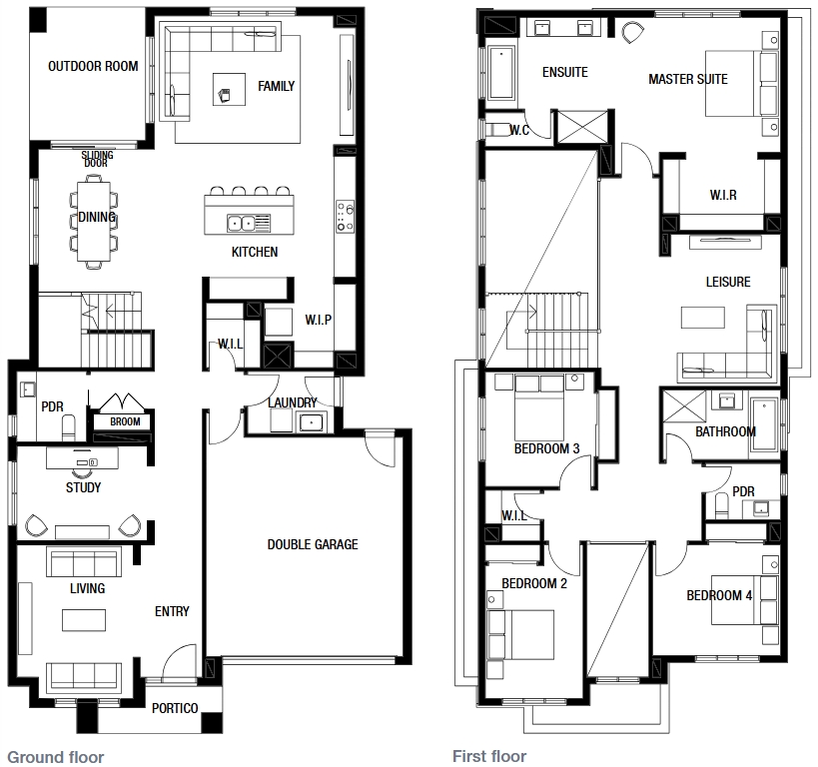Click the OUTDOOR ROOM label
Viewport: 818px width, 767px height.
pyautogui.click(x=93, y=66)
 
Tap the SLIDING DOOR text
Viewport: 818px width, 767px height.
pyautogui.click(x=97, y=159)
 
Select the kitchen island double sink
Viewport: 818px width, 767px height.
pyautogui.click(x=241, y=224)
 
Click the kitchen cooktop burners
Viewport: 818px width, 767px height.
pyautogui.click(x=345, y=217)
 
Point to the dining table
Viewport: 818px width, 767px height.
pyautogui.click(x=94, y=222)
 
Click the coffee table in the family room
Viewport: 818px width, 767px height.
pyautogui.click(x=229, y=89)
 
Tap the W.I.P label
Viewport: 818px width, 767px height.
pyautogui.click(x=319, y=320)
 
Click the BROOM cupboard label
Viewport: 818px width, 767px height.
pyautogui.click(x=125, y=421)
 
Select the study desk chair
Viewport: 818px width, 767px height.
pyautogui.click(x=82, y=472)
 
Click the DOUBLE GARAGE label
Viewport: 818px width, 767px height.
pyautogui.click(x=313, y=544)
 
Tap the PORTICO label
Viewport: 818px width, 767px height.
pyautogui.click(x=175, y=708)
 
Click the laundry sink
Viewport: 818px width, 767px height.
pyautogui.click(x=312, y=421)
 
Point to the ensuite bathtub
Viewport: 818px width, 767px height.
pyautogui.click(x=501, y=73)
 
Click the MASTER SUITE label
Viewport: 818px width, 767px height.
pyautogui.click(x=687, y=79)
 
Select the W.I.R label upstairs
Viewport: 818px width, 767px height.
pyautogui.click(x=723, y=195)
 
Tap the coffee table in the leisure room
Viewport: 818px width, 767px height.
pyautogui.click(x=703, y=318)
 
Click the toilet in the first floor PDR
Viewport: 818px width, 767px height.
pyautogui.click(x=722, y=505)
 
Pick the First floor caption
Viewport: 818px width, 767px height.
pyautogui.click(x=489, y=756)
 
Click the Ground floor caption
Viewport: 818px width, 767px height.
pyautogui.click(x=56, y=757)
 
